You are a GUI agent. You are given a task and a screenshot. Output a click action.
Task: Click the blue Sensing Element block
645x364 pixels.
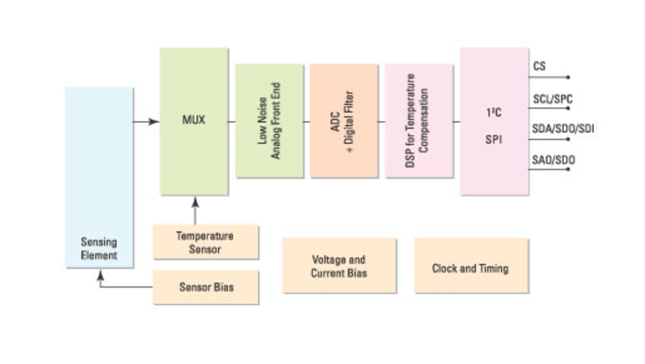point(99,177)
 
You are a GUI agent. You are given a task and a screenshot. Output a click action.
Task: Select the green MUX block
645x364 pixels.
point(194,121)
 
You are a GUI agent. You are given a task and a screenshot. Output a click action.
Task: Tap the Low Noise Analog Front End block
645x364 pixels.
point(269,121)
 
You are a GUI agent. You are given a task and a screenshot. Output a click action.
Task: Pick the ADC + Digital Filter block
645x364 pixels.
point(343,121)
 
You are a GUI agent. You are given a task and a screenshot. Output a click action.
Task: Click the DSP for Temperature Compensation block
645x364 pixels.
point(419,121)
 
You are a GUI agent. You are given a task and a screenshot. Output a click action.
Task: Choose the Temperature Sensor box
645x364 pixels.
point(205,242)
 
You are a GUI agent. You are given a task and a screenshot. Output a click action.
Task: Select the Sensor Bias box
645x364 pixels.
point(206,287)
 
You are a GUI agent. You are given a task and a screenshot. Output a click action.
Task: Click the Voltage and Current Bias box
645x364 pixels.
point(339,266)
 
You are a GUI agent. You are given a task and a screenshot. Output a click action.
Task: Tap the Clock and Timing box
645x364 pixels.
point(471,266)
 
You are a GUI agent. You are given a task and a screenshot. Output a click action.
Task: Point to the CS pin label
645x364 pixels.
point(539,67)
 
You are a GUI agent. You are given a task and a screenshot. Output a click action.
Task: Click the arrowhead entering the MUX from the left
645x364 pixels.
point(155,122)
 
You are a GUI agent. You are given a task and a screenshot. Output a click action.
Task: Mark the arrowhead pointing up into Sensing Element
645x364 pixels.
point(100,275)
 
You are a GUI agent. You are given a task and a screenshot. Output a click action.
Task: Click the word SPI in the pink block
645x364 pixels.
point(493,141)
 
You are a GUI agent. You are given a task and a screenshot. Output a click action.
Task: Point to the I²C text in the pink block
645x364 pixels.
point(493,114)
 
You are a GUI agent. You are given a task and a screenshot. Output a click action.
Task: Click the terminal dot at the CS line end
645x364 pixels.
point(568,77)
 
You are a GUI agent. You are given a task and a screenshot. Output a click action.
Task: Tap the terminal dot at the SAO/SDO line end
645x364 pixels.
point(568,170)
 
